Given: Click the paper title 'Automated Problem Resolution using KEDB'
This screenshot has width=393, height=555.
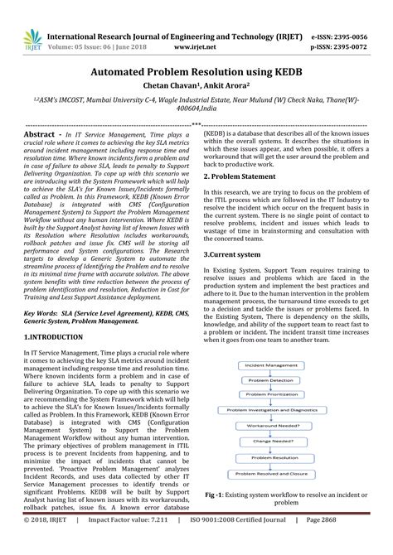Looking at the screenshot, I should (x=196, y=73).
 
